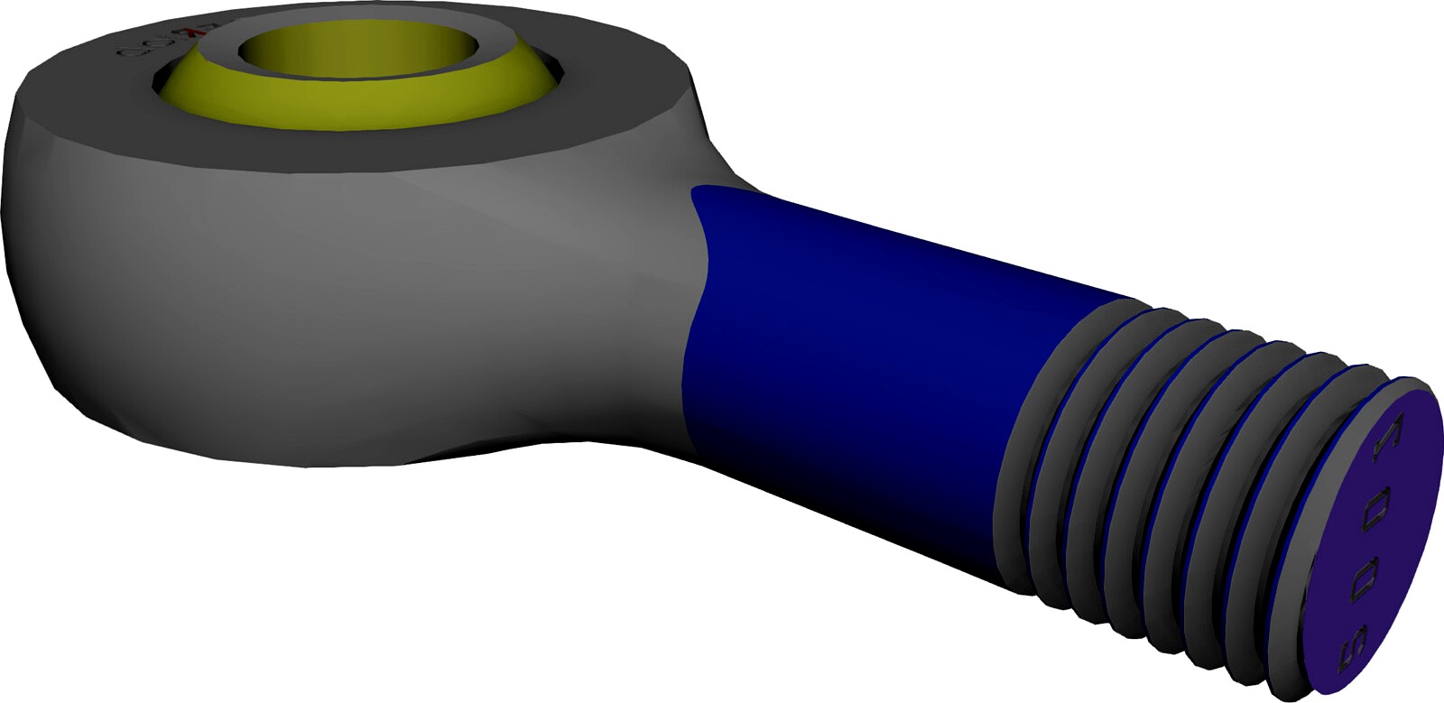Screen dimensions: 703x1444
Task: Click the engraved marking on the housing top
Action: (144, 45)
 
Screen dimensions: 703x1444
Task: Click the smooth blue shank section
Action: (866, 361)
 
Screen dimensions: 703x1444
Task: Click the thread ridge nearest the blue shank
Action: (1047, 433)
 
